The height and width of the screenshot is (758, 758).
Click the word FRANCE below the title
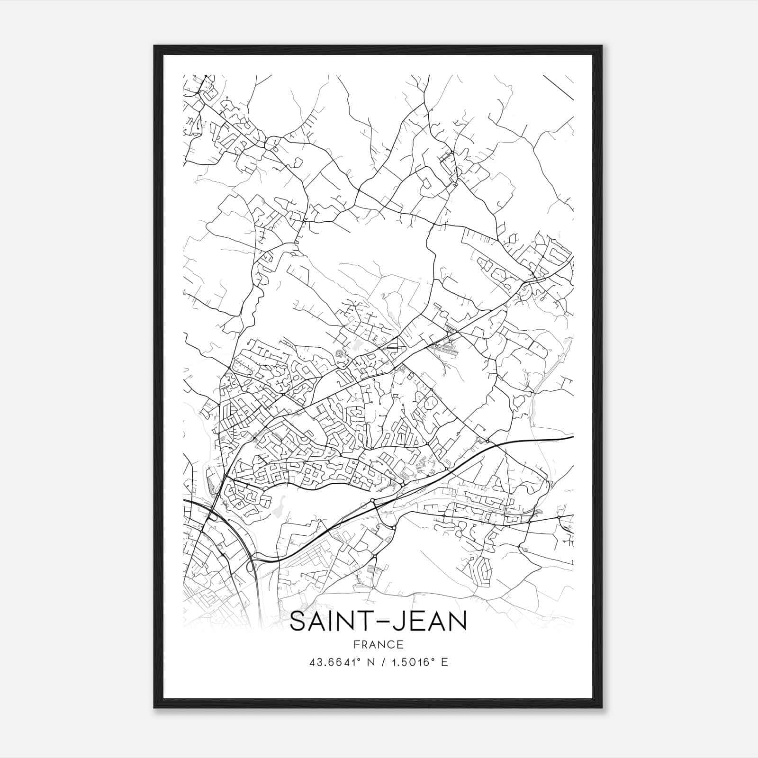coord(379,645)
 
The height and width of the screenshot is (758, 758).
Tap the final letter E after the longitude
coord(444,662)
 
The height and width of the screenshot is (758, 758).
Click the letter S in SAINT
coord(298,622)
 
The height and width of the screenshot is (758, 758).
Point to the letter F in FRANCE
coord(357,645)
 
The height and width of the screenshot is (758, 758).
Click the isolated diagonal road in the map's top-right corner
coord(558,87)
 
